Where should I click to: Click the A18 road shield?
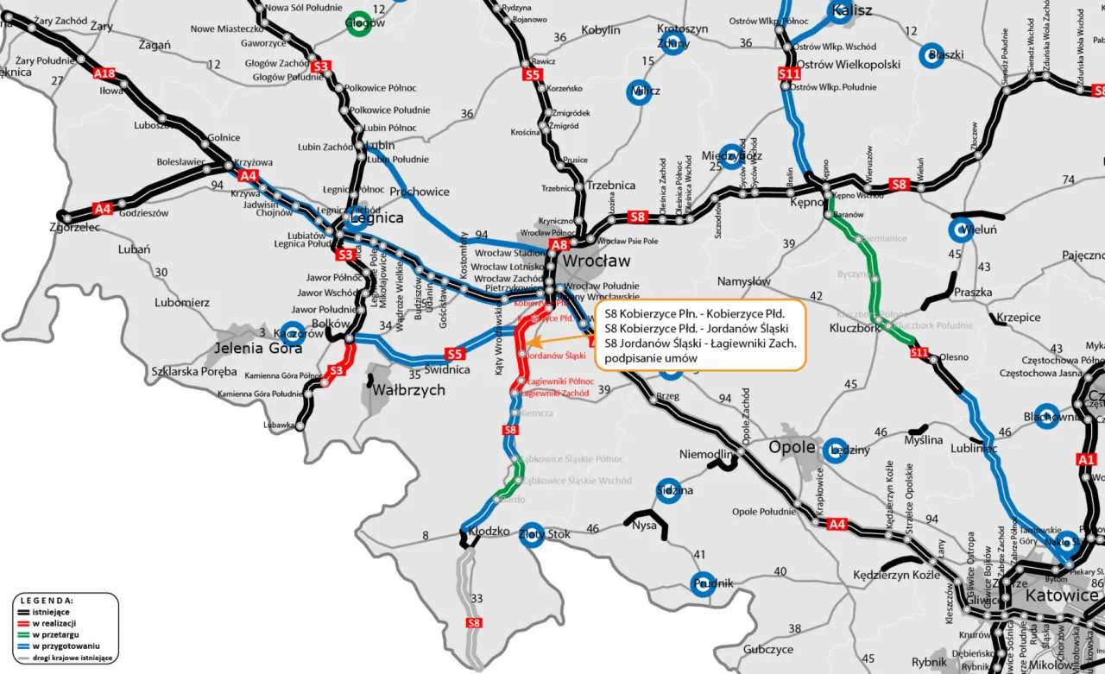click(104, 74)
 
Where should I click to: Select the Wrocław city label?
click(597, 261)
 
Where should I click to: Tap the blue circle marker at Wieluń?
click(962, 230)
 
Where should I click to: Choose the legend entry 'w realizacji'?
click(57, 623)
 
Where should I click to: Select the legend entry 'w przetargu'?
click(56, 634)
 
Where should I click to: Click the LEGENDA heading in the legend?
click(47, 600)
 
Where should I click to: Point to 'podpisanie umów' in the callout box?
click(646, 358)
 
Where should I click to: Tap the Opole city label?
click(792, 447)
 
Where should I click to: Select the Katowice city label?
click(1061, 595)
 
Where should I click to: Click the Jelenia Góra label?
click(258, 349)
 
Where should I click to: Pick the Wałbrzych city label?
click(408, 390)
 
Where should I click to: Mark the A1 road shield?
click(1087, 459)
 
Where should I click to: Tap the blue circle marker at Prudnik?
click(704, 584)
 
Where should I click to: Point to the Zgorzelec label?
click(75, 228)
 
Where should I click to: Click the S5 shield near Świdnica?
click(455, 354)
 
